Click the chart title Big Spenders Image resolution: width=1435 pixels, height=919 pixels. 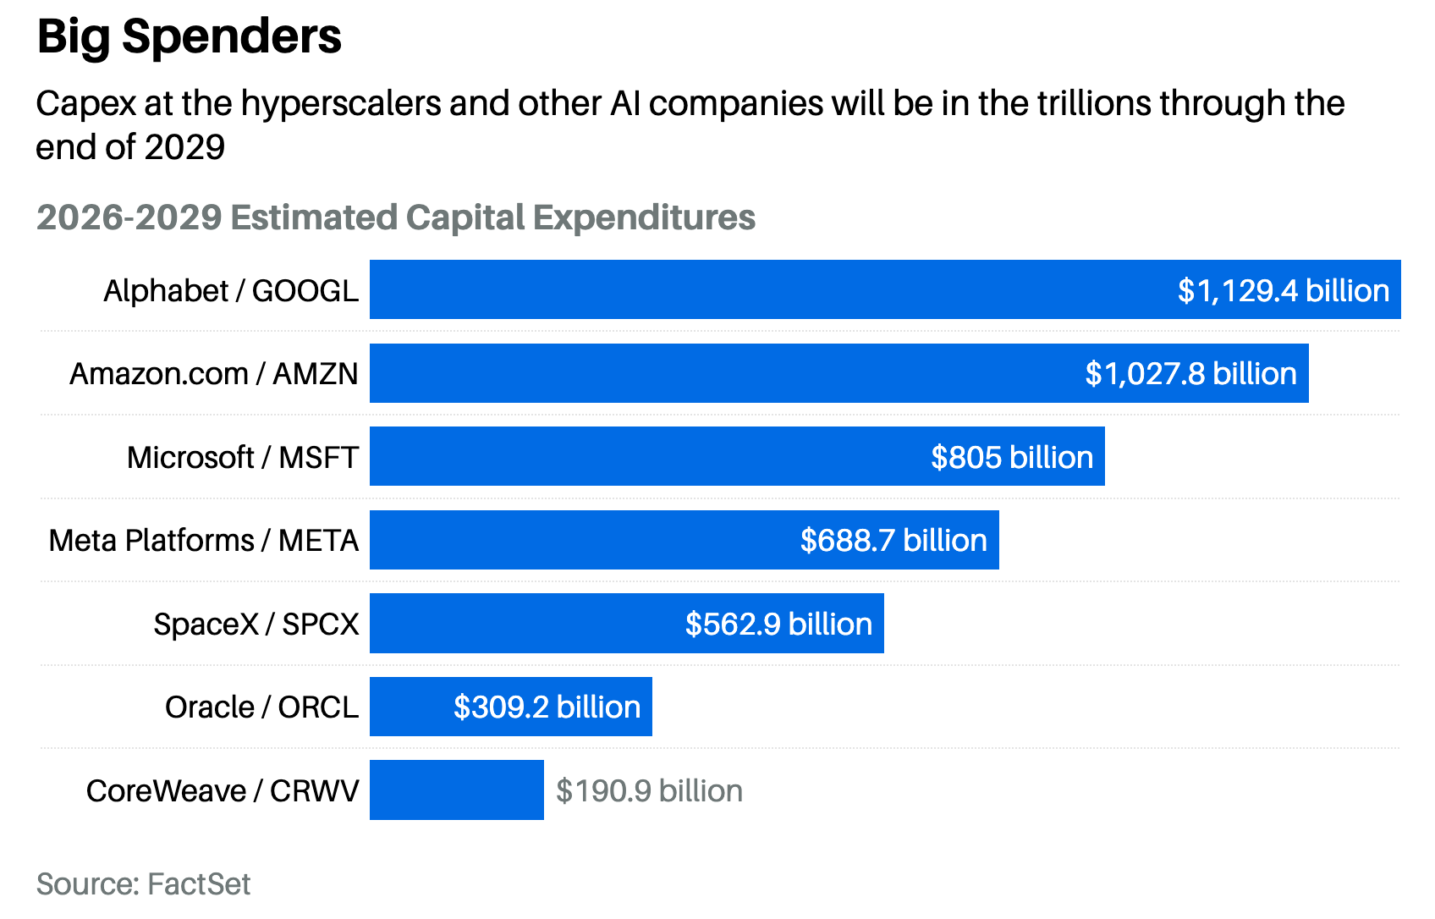point(189,37)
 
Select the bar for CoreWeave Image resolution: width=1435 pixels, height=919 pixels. point(457,790)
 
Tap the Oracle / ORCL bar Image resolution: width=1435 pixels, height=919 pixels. point(510,707)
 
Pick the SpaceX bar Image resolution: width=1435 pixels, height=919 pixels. point(626,623)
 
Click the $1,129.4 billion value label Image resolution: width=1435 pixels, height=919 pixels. point(1284,291)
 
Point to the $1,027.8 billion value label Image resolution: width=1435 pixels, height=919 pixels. point(1191,374)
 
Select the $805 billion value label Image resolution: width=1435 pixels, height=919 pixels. point(1012,457)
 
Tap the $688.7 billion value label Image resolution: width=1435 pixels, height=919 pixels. point(893,540)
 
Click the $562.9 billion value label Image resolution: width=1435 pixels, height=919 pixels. point(779,624)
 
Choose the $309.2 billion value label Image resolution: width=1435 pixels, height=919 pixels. point(547,707)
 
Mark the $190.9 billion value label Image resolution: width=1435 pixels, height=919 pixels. point(649,791)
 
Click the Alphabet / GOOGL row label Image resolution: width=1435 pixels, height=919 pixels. point(231,291)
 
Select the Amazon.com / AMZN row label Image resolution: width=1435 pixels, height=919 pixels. point(214,374)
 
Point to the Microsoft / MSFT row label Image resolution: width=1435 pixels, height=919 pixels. point(243,458)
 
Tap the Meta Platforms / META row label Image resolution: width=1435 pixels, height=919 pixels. point(204,540)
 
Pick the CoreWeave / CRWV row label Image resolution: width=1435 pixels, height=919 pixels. point(223,791)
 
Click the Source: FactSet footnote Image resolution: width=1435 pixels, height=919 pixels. point(144,883)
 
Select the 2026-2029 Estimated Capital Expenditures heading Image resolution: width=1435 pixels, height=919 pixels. point(396,217)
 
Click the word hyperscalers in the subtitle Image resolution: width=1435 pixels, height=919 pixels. point(342,104)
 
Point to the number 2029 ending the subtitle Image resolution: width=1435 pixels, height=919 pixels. point(184,146)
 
